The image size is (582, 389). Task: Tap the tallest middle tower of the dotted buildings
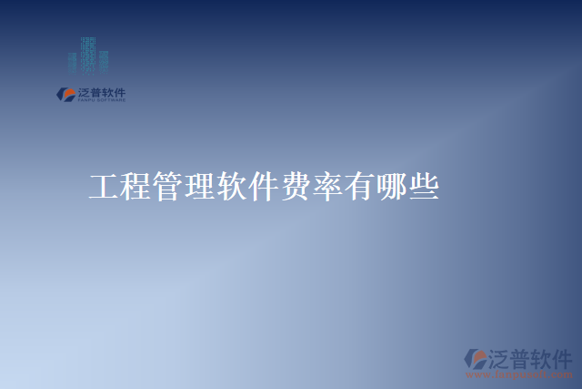(88, 53)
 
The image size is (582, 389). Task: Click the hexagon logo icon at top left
(65, 93)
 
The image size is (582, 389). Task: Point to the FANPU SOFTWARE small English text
(100, 99)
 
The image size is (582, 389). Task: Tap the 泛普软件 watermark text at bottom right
(532, 356)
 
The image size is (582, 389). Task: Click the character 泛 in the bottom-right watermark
(503, 356)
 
